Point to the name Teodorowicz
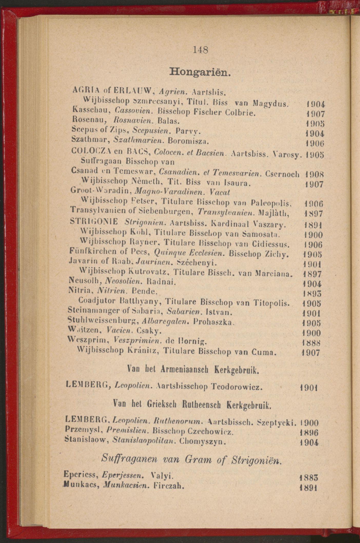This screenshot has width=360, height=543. point(236,387)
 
